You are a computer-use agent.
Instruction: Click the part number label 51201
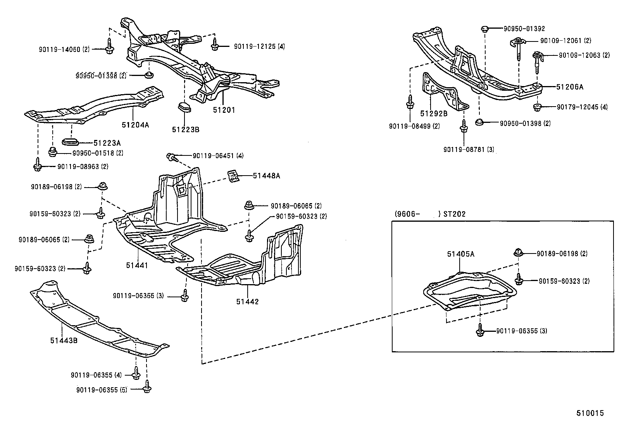tap(224, 110)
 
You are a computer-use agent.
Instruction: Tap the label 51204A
tap(135, 125)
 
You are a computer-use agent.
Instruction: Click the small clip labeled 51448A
tap(233, 176)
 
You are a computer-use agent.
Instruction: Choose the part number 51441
tap(136, 266)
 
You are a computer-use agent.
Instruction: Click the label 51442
tap(247, 302)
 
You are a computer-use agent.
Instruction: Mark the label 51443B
tap(64, 340)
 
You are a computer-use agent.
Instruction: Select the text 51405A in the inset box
tap(460, 254)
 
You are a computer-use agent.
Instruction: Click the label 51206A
tap(569, 87)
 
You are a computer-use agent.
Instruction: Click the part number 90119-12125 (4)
tap(259, 47)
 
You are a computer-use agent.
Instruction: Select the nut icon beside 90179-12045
tap(537, 107)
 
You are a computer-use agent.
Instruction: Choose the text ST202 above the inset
tap(455, 214)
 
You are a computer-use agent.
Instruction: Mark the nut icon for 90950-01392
tap(484, 28)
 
